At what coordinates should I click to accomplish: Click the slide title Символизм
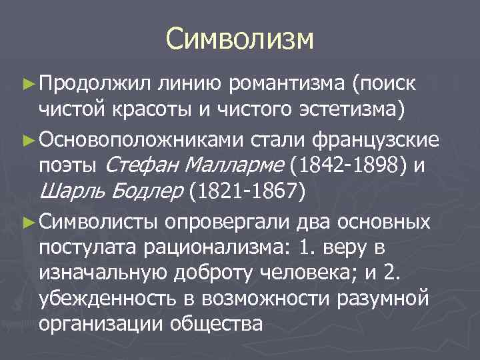pyautogui.click(x=239, y=38)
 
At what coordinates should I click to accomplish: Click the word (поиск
pyautogui.click(x=385, y=83)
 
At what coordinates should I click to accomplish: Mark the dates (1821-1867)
pyautogui.click(x=247, y=191)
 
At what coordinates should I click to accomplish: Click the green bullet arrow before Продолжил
pyautogui.click(x=27, y=84)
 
